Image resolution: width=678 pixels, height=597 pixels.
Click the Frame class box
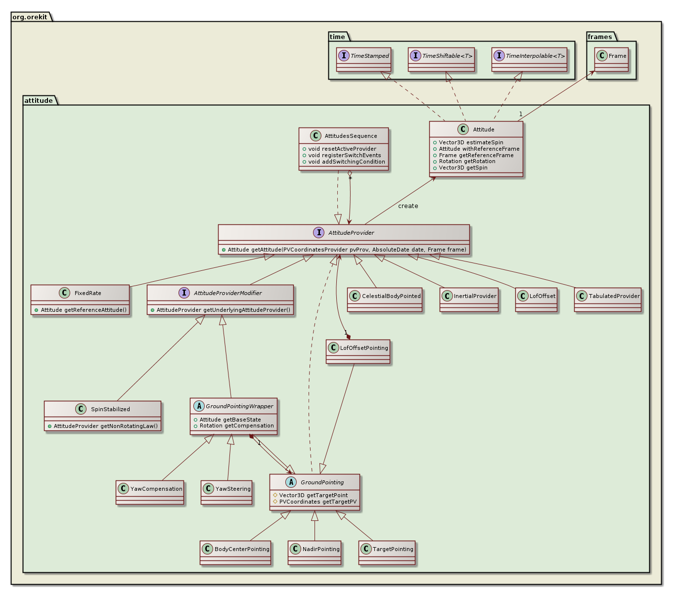[611, 60]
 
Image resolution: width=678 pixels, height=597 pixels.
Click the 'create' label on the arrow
[408, 206]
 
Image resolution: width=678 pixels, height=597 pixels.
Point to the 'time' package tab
[338, 37]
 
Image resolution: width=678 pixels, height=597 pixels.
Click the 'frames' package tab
[600, 37]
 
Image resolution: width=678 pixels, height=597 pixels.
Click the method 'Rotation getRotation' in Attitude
[467, 162]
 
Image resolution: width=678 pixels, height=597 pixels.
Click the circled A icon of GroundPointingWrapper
[198, 406]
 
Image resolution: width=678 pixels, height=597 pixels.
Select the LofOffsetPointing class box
[359, 351]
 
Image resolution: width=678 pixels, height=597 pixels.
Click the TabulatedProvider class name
[614, 296]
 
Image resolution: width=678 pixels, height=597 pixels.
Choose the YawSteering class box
[227, 492]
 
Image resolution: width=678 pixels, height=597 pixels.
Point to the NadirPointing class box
[315, 553]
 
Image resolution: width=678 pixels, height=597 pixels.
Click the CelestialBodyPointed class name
[391, 296]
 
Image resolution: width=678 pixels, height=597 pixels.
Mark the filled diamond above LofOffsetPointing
[349, 337]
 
